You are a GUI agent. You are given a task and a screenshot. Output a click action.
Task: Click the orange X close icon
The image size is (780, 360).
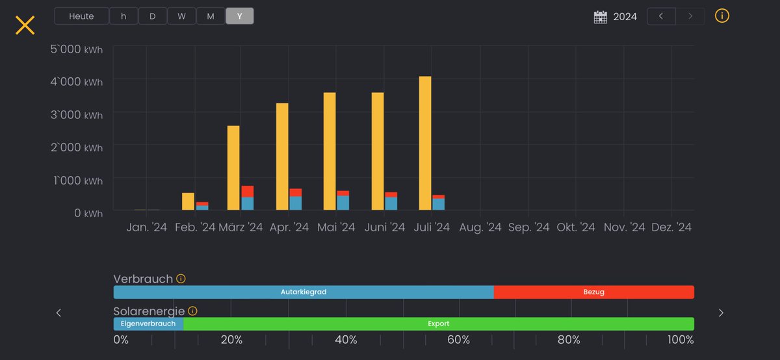(25, 25)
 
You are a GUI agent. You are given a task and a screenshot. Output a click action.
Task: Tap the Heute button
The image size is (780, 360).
(81, 16)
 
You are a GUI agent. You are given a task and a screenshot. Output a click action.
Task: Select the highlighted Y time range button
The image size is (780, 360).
(240, 16)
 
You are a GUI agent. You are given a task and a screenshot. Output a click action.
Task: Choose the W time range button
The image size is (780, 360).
(182, 16)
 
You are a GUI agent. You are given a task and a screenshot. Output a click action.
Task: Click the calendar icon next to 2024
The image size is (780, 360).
(601, 17)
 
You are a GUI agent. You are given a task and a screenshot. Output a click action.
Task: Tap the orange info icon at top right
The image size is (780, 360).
(722, 16)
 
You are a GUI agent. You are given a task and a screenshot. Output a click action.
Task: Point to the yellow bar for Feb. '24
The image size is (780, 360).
(188, 201)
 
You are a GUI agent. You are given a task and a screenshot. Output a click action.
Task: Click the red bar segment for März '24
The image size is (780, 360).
(248, 192)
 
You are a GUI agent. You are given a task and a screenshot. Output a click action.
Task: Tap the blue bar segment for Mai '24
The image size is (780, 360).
(343, 203)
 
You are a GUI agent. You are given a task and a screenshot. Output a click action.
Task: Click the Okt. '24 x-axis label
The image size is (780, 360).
(576, 227)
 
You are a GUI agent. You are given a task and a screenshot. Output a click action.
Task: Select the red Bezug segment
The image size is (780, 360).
(593, 292)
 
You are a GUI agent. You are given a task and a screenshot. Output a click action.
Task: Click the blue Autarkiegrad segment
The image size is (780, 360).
(304, 292)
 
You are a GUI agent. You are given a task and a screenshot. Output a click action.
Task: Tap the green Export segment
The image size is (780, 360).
(438, 324)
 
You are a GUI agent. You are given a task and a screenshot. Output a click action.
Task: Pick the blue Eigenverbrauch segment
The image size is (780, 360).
(148, 324)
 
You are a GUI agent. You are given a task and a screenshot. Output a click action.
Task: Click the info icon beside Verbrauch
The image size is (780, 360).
(181, 279)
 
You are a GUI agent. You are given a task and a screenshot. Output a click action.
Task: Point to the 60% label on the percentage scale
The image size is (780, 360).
(458, 340)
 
